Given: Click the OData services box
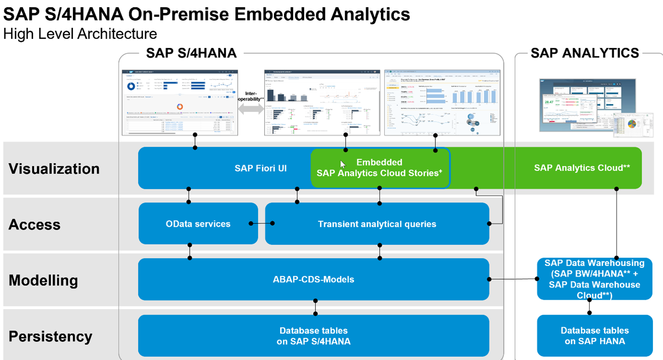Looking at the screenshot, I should [x=198, y=223].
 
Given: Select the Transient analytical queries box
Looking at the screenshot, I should [x=377, y=223].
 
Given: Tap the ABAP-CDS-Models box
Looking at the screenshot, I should [x=313, y=279].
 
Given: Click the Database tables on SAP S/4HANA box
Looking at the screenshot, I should [x=313, y=336].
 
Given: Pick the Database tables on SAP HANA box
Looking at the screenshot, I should [x=595, y=335].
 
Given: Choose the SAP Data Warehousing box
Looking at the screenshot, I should [x=594, y=279].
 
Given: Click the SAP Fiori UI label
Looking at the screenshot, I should [x=260, y=168].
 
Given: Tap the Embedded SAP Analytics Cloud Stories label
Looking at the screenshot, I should [x=379, y=167].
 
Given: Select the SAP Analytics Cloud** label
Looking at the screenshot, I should [x=582, y=168].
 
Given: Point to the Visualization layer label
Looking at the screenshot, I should [x=54, y=169].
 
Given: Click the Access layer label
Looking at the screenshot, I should [x=35, y=224].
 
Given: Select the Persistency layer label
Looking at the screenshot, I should [x=50, y=336].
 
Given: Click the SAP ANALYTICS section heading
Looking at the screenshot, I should [x=585, y=53].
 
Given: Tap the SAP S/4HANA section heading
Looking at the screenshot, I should [x=191, y=53].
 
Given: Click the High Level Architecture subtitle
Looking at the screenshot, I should [x=80, y=34].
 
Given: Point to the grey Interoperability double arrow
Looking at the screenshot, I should [x=250, y=109].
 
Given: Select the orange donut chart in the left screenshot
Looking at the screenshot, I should [x=180, y=106].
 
